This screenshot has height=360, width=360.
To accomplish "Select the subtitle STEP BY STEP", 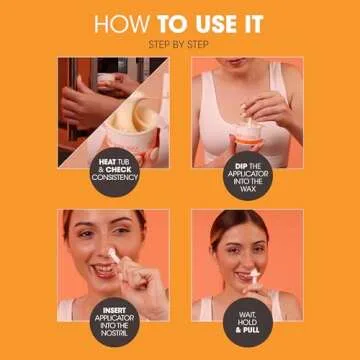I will point(180,45).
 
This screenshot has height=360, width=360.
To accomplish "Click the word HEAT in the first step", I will point(105,160).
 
